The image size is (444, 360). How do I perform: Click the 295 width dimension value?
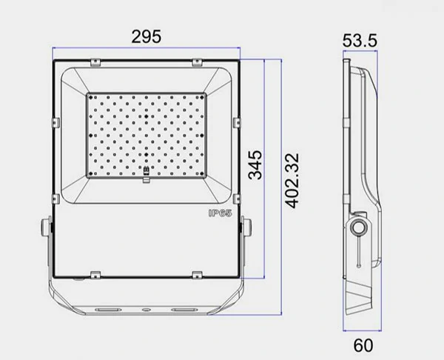(x=147, y=36)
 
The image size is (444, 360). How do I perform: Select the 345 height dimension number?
(x=255, y=165)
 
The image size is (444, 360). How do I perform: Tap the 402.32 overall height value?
(x=292, y=181)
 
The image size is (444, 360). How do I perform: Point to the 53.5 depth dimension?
(x=360, y=40)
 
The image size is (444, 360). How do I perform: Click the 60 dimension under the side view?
(x=363, y=345)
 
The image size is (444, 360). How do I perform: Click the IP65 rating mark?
(x=221, y=213)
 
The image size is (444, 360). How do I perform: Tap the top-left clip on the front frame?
(x=95, y=62)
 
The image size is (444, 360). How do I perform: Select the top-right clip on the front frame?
(x=197, y=62)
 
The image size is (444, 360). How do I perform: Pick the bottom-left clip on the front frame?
(x=95, y=275)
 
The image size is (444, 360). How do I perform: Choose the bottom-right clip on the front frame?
(x=197, y=275)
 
